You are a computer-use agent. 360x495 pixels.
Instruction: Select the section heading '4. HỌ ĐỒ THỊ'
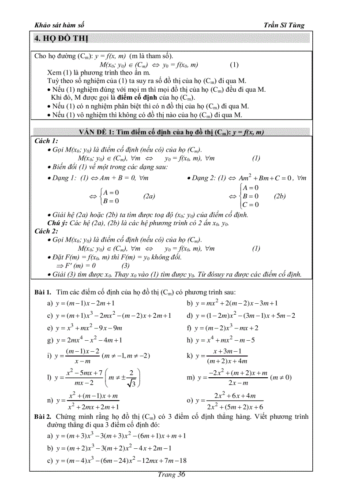[61, 39]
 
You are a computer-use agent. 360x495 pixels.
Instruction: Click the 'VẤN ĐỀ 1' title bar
[172, 132]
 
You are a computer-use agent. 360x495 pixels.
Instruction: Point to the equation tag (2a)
[149, 196]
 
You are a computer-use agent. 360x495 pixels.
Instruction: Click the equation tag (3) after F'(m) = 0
[125, 266]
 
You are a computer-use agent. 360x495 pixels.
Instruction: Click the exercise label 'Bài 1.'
[43, 292]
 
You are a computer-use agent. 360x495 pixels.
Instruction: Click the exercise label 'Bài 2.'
[43, 417]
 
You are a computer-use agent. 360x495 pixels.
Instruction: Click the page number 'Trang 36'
[172, 475]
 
